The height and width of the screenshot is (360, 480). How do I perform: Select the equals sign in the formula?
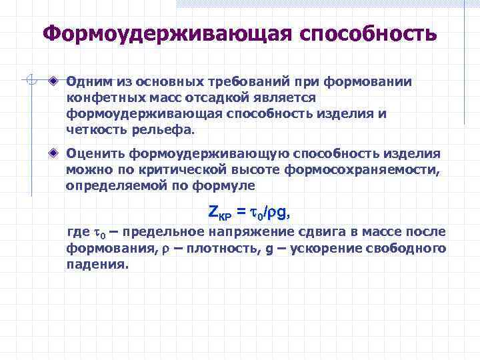(x=241, y=213)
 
